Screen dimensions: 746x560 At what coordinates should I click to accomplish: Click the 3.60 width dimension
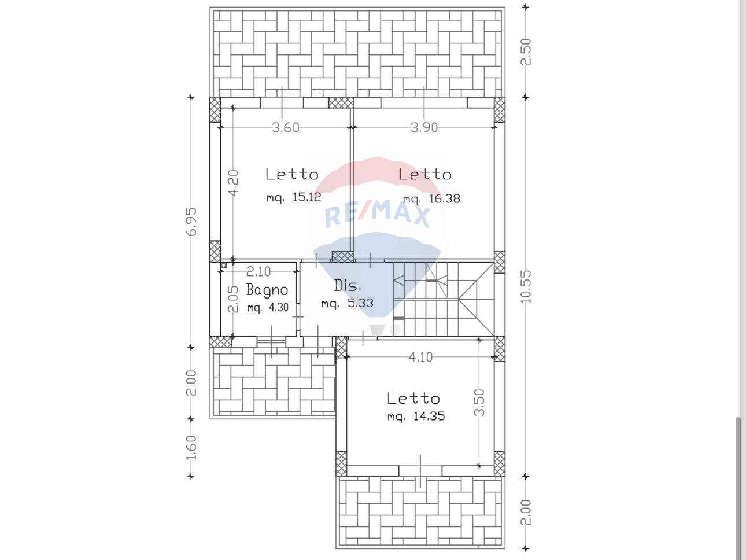[x=286, y=127]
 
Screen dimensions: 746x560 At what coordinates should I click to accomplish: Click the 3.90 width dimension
[x=424, y=127]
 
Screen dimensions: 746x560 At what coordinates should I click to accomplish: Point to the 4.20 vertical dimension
[x=234, y=183]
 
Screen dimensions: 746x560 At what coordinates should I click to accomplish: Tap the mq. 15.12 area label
[x=294, y=197]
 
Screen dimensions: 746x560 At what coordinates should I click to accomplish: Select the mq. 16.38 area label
[x=431, y=198]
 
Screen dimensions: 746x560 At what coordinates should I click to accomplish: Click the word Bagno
[x=267, y=290]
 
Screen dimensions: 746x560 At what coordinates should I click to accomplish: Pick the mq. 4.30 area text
[x=268, y=307]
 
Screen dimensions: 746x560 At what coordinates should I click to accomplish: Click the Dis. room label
[x=347, y=286]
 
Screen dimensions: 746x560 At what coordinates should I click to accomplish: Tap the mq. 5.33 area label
[x=347, y=303]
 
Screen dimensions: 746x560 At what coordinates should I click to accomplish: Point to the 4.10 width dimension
[x=420, y=357]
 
